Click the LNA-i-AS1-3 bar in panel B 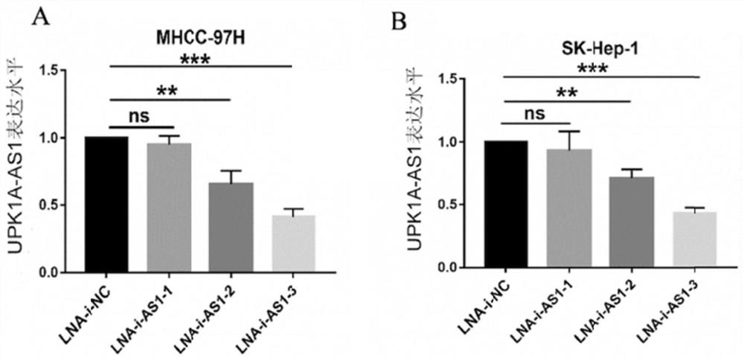click(695, 239)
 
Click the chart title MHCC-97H click(200, 36)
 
